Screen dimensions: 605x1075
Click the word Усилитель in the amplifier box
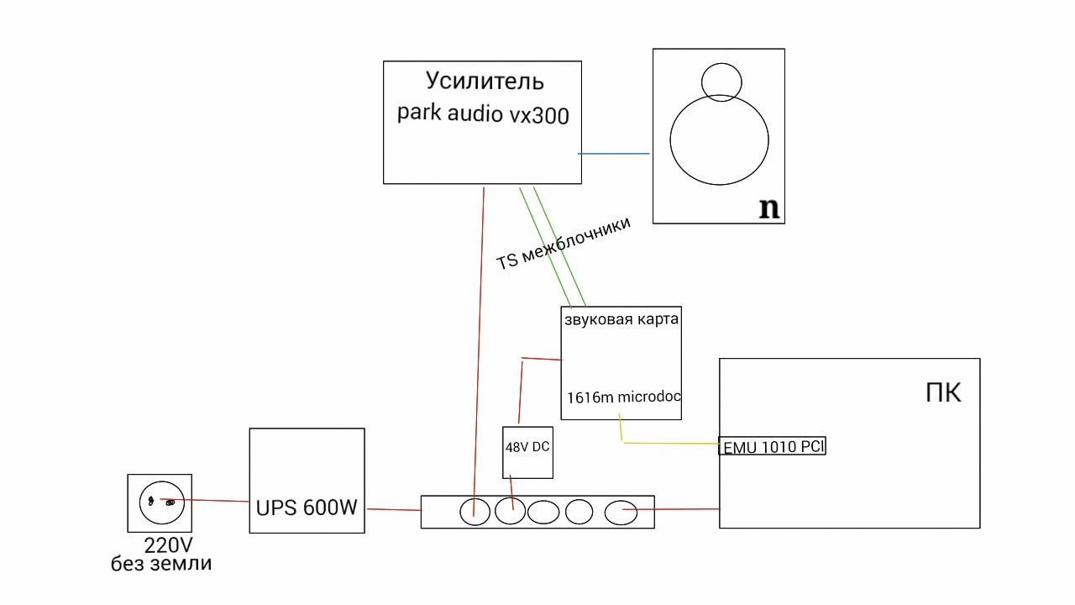[485, 82]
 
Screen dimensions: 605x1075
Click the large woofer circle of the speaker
[719, 139]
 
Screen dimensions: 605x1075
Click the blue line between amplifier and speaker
[614, 154]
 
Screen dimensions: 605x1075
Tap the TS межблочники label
[564, 244]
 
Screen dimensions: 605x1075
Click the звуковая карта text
[621, 320]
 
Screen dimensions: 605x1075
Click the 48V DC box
[527, 451]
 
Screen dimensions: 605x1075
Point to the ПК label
[943, 392]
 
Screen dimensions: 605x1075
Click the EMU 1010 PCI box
[773, 447]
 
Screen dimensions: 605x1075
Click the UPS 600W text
[307, 508]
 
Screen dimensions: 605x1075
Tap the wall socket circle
[160, 502]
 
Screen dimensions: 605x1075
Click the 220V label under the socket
[168, 545]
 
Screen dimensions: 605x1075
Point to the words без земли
[161, 564]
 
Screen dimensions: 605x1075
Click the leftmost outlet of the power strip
[475, 512]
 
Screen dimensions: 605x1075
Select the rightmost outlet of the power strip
[621, 512]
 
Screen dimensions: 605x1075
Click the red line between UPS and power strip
[393, 509]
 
